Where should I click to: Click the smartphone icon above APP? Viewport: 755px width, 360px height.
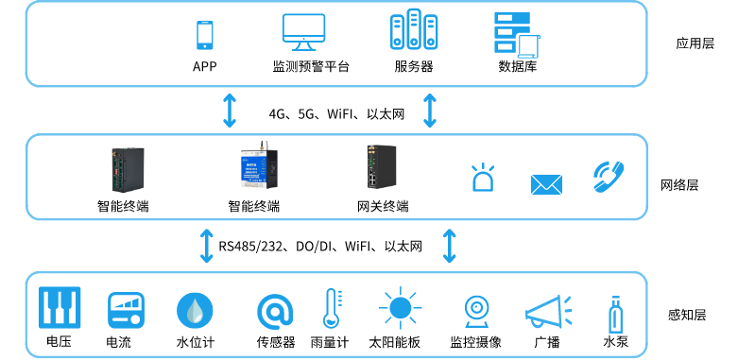(204, 34)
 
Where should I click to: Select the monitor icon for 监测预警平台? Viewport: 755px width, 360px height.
(310, 33)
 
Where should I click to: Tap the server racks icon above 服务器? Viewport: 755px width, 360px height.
(414, 33)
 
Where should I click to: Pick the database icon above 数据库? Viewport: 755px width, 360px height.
(516, 34)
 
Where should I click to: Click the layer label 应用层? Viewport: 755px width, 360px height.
(695, 43)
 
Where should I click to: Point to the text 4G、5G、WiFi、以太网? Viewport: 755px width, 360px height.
(336, 114)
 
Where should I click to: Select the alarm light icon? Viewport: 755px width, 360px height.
(484, 179)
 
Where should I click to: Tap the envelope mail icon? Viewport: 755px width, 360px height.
(545, 183)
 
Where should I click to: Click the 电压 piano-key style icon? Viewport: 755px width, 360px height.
(59, 308)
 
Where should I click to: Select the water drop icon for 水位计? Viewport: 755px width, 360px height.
(195, 310)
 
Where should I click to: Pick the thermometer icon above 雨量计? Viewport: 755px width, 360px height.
(330, 310)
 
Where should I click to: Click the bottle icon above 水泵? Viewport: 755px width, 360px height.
(615, 311)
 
